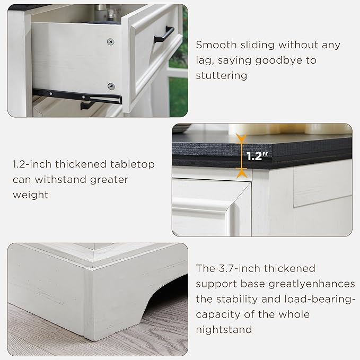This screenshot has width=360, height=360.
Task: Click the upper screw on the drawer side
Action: pos(111,41)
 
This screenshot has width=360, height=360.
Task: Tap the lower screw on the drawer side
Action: pos(111,86)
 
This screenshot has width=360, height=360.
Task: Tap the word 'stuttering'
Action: pos(222,75)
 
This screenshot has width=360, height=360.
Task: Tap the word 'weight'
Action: pos(30,195)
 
